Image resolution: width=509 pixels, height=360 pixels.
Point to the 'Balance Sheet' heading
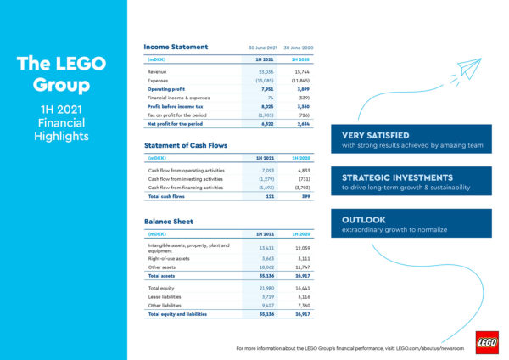(169, 221)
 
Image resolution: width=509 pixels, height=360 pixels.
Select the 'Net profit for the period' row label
(177, 124)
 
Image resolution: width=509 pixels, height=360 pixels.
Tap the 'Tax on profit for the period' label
(182, 115)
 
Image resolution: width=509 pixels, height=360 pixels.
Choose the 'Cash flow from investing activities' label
(185, 178)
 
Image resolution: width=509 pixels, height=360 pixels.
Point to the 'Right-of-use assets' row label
(171, 259)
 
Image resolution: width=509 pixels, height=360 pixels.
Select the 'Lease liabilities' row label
(166, 298)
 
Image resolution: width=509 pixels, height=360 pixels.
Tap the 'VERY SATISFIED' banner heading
(375, 135)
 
